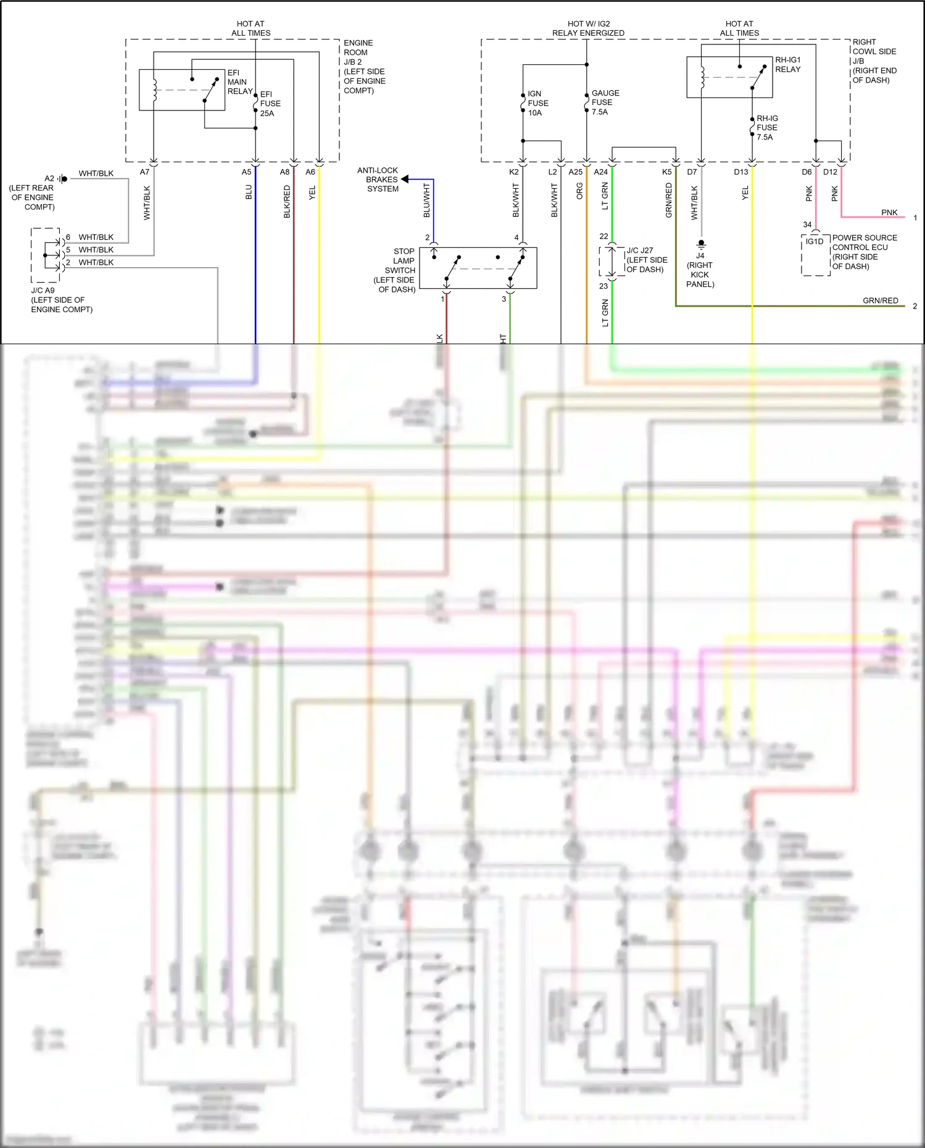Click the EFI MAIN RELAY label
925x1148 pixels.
pos(239,82)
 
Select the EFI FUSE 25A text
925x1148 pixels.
pos(270,104)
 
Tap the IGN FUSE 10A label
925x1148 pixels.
pos(537,103)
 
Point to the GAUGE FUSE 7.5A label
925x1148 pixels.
pos(605,102)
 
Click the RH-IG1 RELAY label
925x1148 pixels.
pos(787,65)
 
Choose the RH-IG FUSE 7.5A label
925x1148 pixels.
pos(766,128)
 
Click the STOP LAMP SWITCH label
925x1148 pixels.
pos(397,270)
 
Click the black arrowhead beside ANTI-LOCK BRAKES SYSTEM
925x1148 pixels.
pos(405,180)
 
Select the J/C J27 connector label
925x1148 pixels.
pos(645,260)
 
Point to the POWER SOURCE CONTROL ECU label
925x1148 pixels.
pos(864,252)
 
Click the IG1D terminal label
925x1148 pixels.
pos(815,242)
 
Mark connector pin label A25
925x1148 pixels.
pos(575,172)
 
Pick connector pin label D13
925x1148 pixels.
pos(740,172)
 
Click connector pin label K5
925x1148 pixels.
pos(666,172)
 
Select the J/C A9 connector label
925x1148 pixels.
pos(60,300)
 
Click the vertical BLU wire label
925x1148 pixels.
pos(249,192)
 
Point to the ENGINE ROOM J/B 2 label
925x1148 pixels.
pos(364,67)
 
